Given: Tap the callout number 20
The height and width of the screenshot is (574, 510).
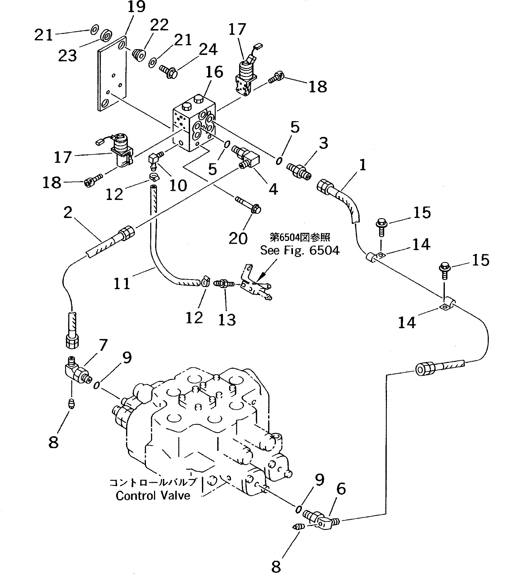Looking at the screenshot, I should coord(238,238).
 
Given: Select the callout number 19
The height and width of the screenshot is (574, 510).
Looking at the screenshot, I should coord(136,7).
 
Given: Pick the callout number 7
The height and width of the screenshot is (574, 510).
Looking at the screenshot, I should coord(103,345).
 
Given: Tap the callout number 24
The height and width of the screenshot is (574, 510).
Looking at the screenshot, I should coord(208,49).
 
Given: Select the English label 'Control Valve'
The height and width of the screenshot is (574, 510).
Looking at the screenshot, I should coord(153,496).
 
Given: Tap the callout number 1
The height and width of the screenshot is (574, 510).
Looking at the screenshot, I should coord(362,165).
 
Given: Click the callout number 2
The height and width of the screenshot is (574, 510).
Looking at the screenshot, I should coord(68,212).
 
